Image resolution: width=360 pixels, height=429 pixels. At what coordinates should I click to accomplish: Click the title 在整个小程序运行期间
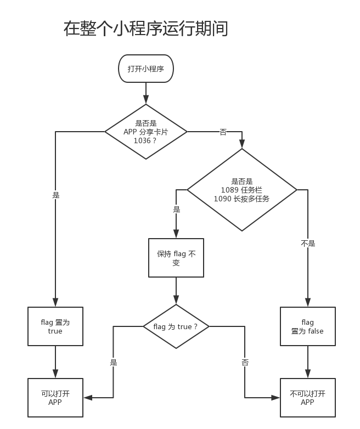[x=145, y=28]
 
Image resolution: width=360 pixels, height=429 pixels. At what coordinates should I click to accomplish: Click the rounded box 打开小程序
[x=146, y=69]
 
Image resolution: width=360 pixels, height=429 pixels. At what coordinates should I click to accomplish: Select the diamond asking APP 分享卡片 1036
[x=146, y=132]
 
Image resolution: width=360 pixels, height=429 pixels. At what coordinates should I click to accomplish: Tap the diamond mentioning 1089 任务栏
[x=242, y=190]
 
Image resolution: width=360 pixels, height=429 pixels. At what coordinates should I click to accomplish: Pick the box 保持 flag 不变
[x=176, y=258]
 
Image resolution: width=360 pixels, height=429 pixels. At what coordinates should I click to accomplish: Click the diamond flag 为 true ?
[x=176, y=326]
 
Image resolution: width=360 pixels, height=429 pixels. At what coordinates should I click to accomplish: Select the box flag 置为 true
[x=55, y=326]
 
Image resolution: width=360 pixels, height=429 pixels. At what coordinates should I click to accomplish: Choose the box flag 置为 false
[x=307, y=326]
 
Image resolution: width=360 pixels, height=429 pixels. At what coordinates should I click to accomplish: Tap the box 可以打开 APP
[x=55, y=398]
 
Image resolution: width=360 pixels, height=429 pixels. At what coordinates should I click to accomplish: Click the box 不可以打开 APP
[x=307, y=398]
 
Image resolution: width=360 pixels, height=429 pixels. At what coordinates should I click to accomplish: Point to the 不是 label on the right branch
[x=308, y=244]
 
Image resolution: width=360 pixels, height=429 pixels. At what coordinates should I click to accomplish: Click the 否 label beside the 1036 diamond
[x=223, y=132]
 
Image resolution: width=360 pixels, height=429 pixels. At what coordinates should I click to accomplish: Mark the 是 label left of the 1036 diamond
[x=56, y=195]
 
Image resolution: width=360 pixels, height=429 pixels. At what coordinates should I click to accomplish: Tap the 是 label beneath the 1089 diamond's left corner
[x=176, y=209]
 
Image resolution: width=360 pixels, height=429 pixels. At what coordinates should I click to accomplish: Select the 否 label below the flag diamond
[x=245, y=363]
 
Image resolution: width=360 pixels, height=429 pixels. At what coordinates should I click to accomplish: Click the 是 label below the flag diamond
[x=114, y=363]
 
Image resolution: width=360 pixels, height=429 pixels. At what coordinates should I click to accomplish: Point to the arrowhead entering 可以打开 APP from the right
[x=87, y=398]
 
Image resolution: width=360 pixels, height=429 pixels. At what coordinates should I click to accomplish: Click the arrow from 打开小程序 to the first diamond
[x=146, y=93]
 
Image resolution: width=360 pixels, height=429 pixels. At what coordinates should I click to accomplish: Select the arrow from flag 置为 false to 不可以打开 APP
[x=307, y=362]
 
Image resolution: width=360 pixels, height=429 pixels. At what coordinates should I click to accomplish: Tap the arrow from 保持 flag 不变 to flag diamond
[x=176, y=291]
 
